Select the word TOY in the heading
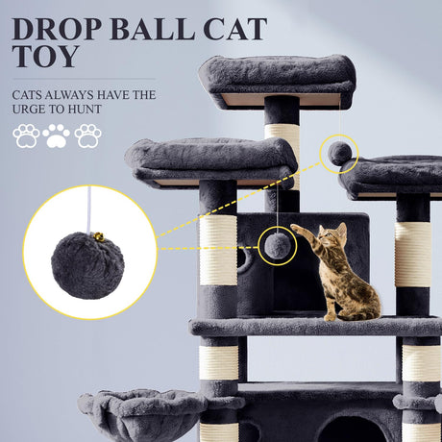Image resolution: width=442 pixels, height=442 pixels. pyautogui.click(x=46, y=56)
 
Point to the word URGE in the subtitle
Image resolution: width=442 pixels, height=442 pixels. pyautogui.click(x=28, y=110)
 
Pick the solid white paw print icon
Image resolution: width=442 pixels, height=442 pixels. pyautogui.click(x=57, y=136)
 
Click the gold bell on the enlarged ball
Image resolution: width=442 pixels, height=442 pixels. pyautogui.click(x=99, y=237)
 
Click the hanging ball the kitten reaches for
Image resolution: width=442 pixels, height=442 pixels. pyautogui.click(x=278, y=246)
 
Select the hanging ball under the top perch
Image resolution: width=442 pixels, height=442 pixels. pyautogui.click(x=339, y=154)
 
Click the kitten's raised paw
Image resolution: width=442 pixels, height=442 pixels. pyautogui.click(x=295, y=228)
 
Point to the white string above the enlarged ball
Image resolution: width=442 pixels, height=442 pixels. pyautogui.click(x=88, y=209)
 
